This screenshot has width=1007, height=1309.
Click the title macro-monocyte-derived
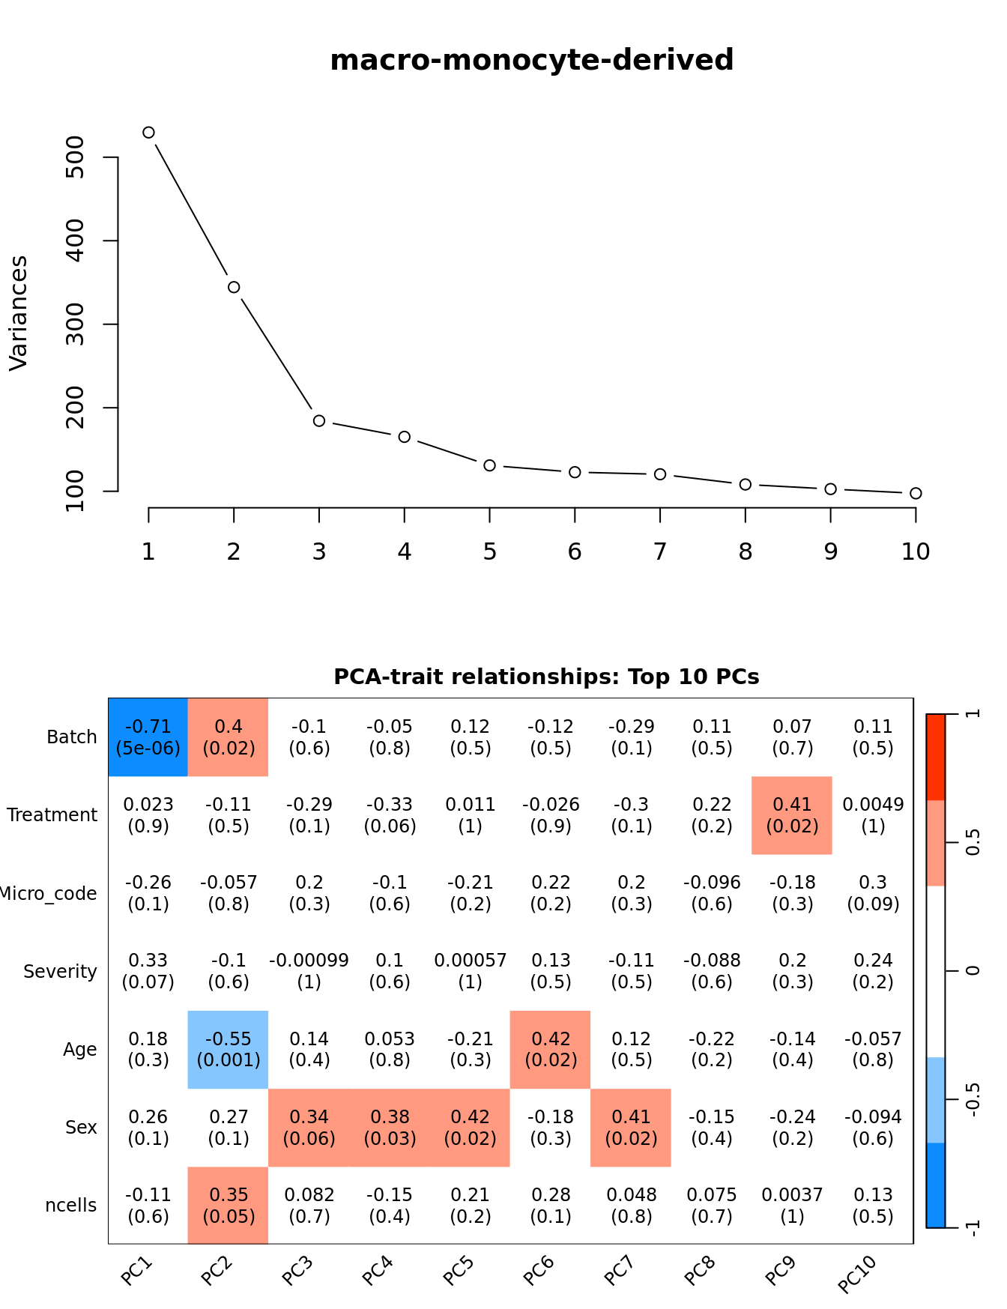(x=531, y=60)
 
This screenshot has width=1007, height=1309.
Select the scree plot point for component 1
(x=148, y=133)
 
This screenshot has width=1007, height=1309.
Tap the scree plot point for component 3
(x=319, y=421)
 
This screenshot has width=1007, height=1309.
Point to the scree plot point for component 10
(x=916, y=493)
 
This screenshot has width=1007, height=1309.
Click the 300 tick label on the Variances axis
(x=76, y=324)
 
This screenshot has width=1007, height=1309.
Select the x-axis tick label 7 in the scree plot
(x=660, y=552)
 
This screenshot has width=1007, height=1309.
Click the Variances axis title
(x=19, y=313)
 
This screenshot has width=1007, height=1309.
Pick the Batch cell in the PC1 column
(x=148, y=737)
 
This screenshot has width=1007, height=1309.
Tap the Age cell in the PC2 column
(x=229, y=1049)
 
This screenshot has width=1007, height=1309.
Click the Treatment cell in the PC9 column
(x=792, y=815)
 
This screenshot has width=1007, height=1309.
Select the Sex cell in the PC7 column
(x=631, y=1127)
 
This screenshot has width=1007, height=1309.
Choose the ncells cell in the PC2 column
(x=229, y=1205)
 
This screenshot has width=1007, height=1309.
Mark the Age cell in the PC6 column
(x=551, y=1049)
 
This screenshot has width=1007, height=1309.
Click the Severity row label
(x=60, y=972)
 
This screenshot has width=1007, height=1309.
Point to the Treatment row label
(x=52, y=815)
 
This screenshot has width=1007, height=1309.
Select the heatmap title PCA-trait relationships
(x=546, y=677)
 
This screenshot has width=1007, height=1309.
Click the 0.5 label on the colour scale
(x=973, y=842)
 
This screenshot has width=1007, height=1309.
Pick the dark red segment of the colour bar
(x=936, y=757)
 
